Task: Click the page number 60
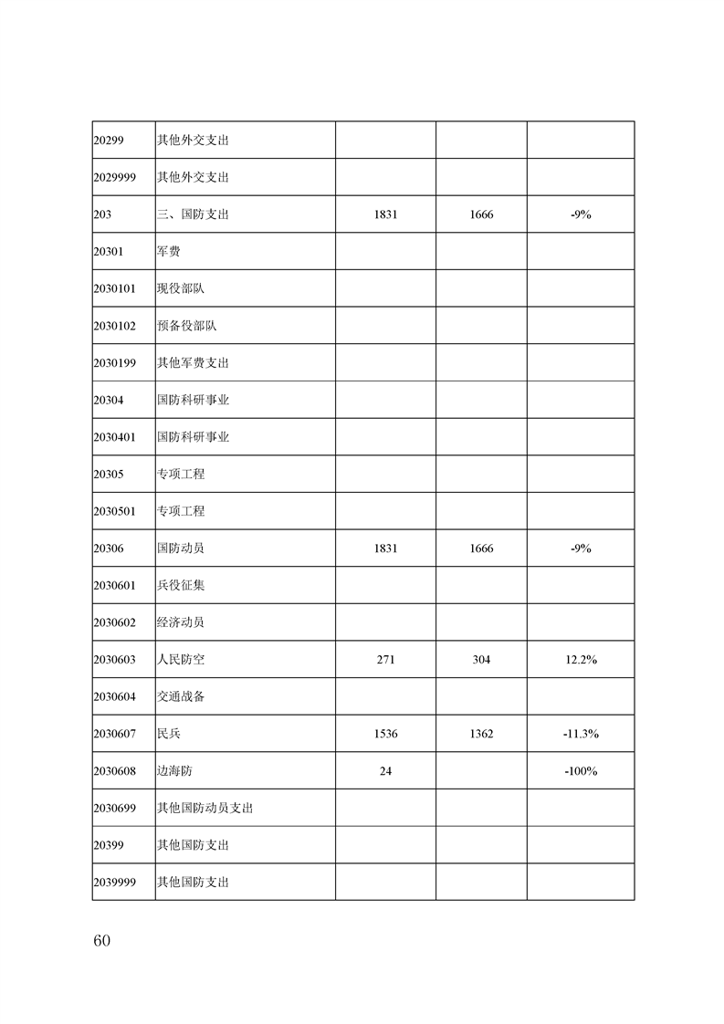click(101, 941)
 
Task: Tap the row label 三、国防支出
click(193, 214)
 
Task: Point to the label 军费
click(169, 251)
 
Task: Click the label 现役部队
click(181, 288)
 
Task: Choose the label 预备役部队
click(186, 326)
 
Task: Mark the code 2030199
click(114, 362)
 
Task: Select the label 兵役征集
click(181, 585)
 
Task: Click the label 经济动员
click(181, 622)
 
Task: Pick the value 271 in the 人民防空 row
click(385, 660)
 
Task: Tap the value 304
click(481, 660)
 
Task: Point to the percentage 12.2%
click(581, 660)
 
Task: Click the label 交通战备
click(181, 696)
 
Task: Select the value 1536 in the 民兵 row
click(385, 734)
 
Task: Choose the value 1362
click(481, 734)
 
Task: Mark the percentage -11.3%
click(581, 734)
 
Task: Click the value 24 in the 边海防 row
click(385, 771)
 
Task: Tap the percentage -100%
click(581, 771)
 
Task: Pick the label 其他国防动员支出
click(205, 808)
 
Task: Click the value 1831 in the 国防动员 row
click(385, 549)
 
